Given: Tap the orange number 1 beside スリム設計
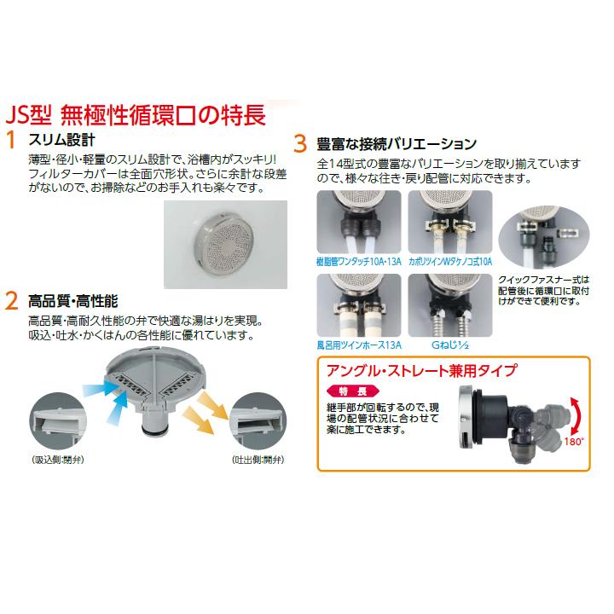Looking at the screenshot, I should click(x=11, y=141).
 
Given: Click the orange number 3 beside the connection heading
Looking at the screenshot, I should click(x=300, y=142).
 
